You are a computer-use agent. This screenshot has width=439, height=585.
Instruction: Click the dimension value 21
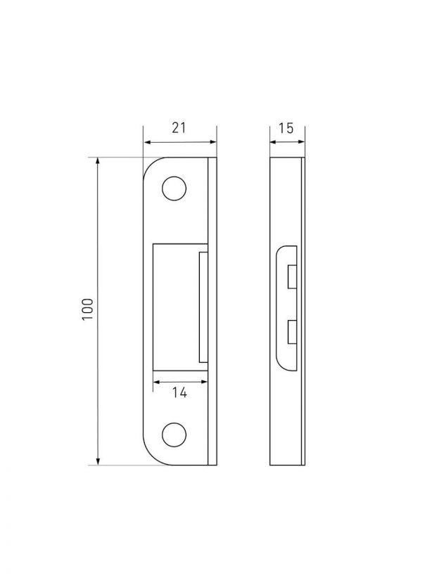pyautogui.click(x=179, y=128)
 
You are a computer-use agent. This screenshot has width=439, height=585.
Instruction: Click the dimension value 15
pyautogui.click(x=286, y=129)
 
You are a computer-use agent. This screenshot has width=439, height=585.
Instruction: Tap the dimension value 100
pyautogui.click(x=87, y=309)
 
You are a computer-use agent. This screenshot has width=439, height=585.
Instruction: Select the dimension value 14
pyautogui.click(x=179, y=392)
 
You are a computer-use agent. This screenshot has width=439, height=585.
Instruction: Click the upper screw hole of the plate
pyautogui.click(x=174, y=188)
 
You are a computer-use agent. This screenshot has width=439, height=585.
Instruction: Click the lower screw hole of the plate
pyautogui.click(x=174, y=435)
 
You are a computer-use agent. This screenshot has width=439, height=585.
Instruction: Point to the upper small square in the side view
pyautogui.click(x=292, y=277)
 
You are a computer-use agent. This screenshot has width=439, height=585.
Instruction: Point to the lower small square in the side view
pyautogui.click(x=292, y=332)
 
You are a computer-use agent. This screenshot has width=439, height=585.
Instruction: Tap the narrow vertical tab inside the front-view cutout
pyautogui.click(x=203, y=307)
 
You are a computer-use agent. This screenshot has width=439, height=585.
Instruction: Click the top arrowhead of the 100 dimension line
pyautogui.click(x=98, y=161)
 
